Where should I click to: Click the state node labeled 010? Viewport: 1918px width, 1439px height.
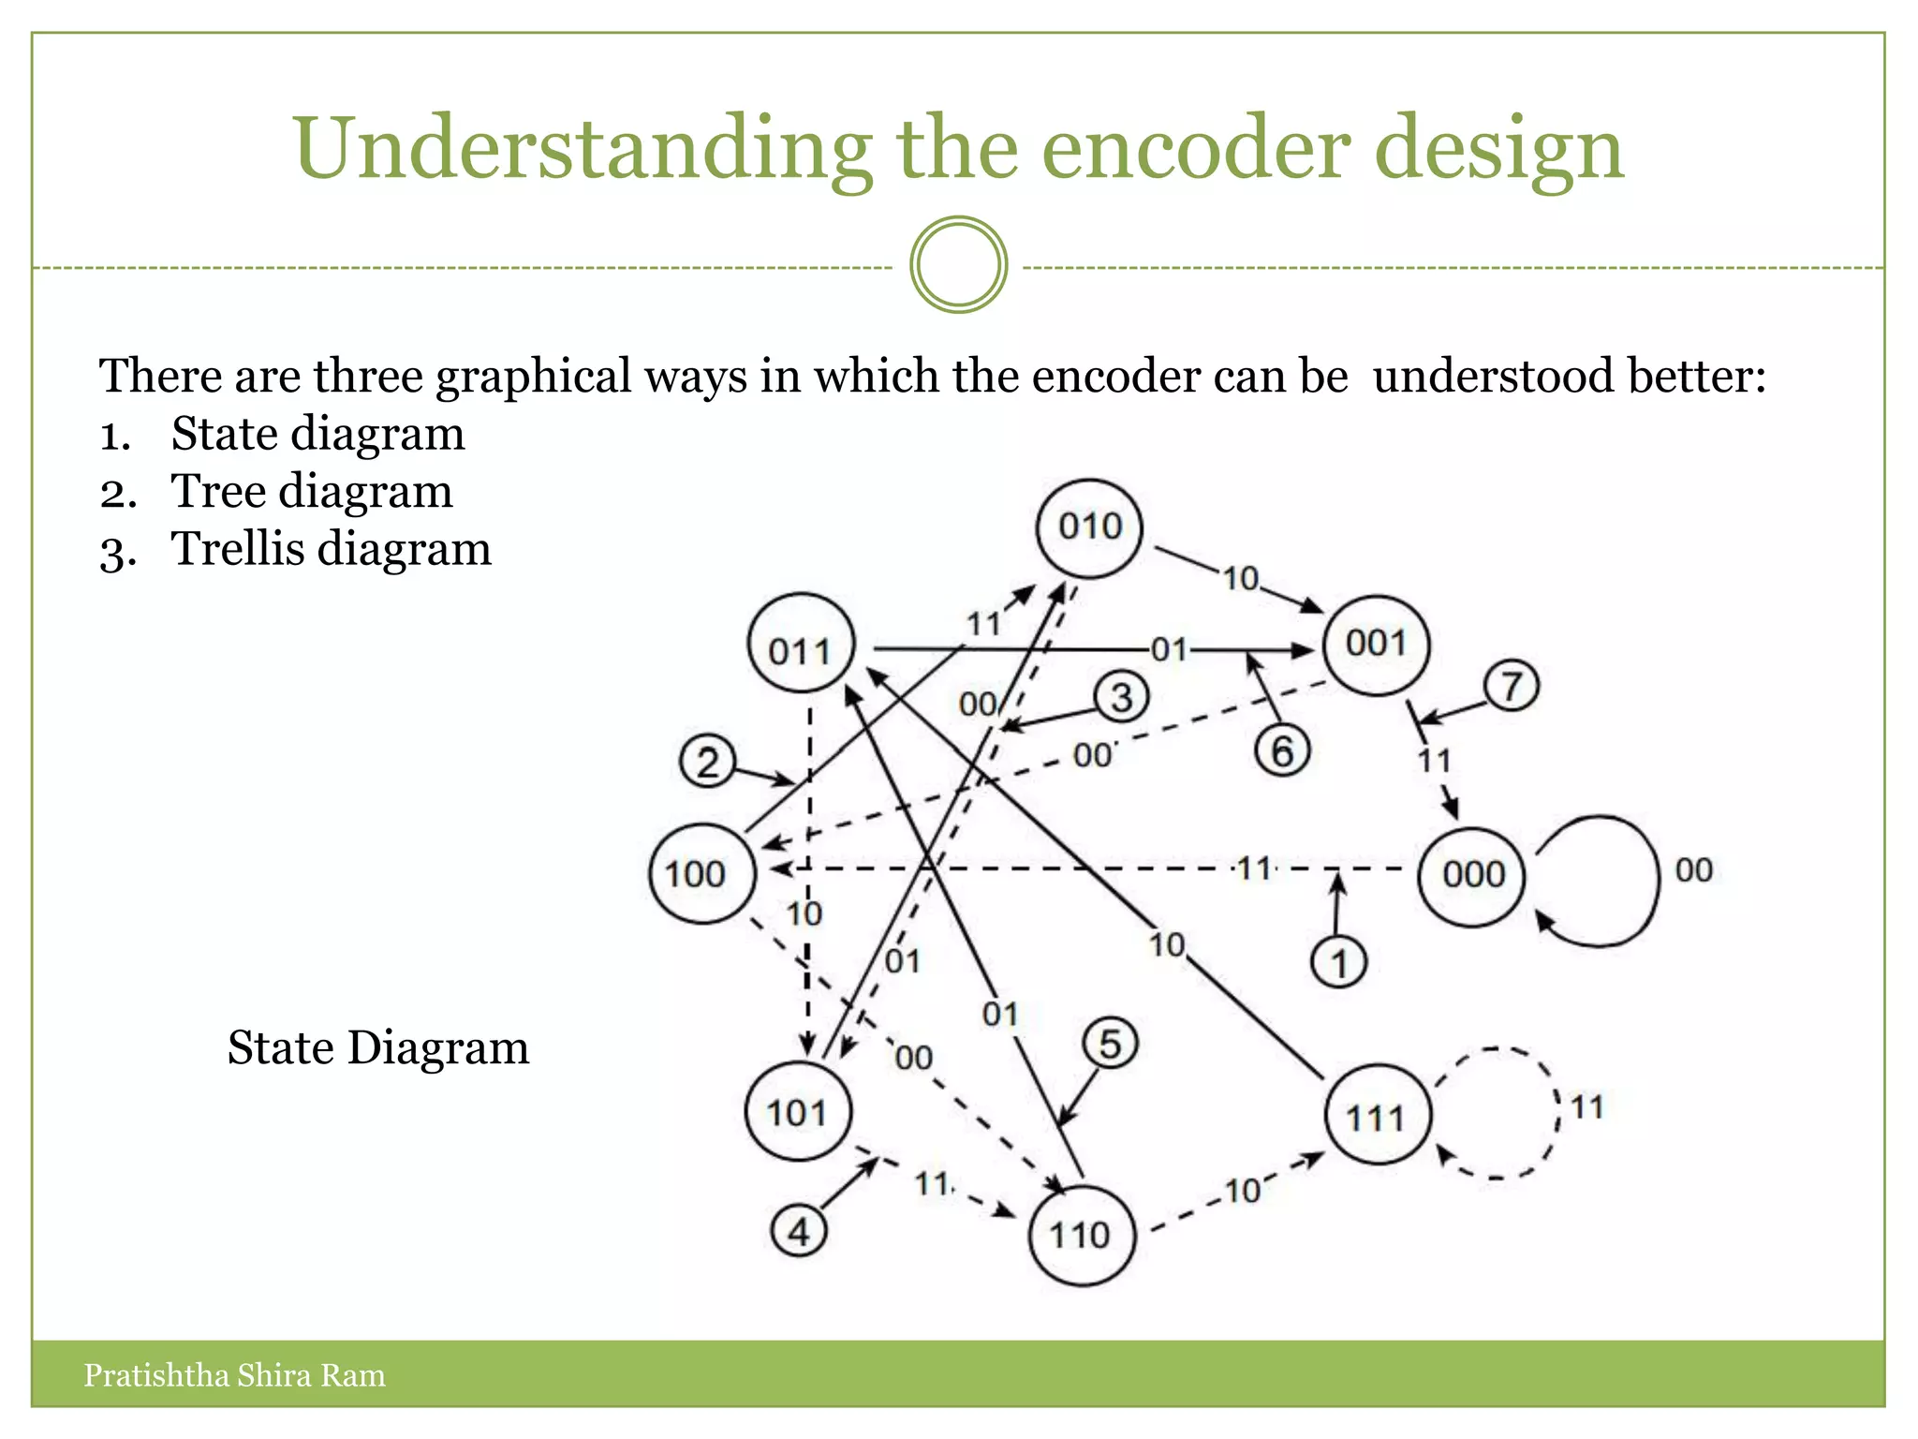pos(1089,527)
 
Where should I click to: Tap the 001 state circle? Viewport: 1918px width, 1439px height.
pos(1376,645)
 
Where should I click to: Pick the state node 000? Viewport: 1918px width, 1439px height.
pos(1472,875)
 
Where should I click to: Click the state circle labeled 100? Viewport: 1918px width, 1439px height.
pos(701,874)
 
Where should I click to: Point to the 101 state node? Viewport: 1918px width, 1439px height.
pos(799,1112)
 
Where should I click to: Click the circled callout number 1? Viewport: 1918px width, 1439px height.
pos(1339,964)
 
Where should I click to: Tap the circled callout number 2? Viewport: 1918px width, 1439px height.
pos(707,762)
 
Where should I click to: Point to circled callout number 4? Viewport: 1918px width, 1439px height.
pos(799,1231)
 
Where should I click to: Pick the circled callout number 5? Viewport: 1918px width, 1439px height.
pos(1110,1044)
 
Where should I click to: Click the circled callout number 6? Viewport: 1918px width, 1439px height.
pos(1282,750)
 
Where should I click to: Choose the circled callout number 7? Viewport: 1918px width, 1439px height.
pos(1511,686)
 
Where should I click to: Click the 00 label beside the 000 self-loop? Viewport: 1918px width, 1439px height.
pos(1693,870)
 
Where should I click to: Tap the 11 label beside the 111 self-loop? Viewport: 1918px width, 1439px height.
pos(1586,1107)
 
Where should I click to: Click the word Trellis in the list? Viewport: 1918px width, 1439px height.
pos(238,549)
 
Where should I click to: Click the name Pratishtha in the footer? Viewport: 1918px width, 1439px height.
pos(155,1375)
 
